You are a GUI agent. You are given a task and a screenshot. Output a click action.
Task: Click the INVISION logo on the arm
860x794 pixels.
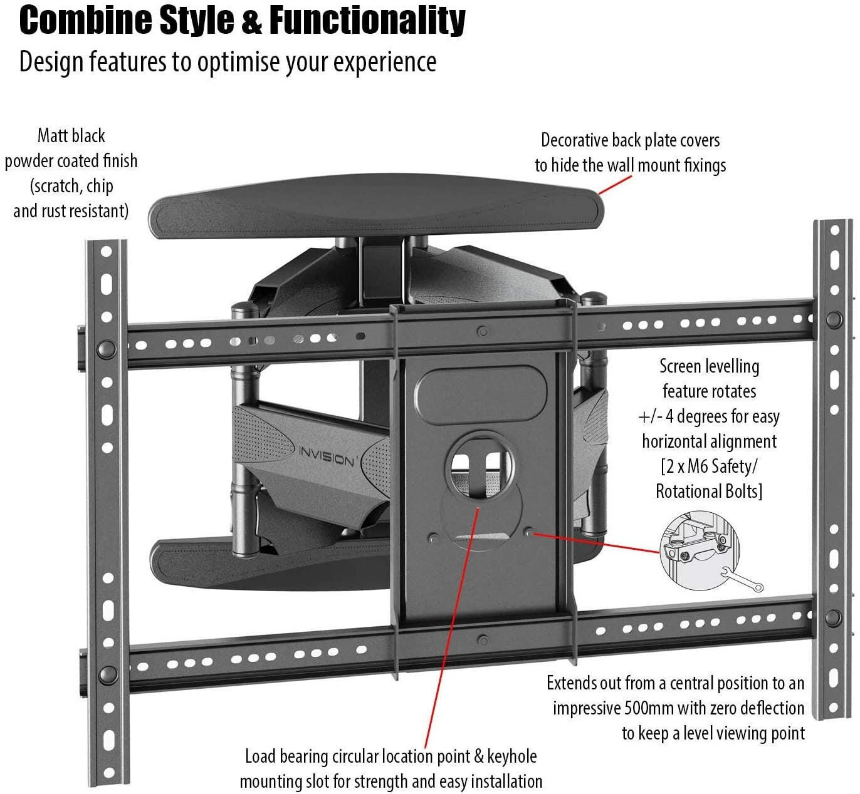[x=326, y=456]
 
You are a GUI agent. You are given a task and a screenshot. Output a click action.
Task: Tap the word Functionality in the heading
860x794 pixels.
[x=367, y=21]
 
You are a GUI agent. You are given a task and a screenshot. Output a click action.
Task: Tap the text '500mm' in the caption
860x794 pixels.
[x=649, y=708]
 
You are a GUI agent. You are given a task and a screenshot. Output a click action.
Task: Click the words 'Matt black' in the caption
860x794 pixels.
[x=71, y=136]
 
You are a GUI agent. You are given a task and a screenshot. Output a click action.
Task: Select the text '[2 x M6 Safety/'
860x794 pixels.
[x=709, y=467]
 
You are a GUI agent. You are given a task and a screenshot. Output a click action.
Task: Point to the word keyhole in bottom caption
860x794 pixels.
[x=511, y=756]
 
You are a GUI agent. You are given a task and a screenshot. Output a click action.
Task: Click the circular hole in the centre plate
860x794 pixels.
[x=481, y=465]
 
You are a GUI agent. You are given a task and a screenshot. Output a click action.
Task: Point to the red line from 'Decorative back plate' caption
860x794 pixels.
[x=614, y=185]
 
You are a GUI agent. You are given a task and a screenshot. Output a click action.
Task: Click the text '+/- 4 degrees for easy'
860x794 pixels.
[x=709, y=416]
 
